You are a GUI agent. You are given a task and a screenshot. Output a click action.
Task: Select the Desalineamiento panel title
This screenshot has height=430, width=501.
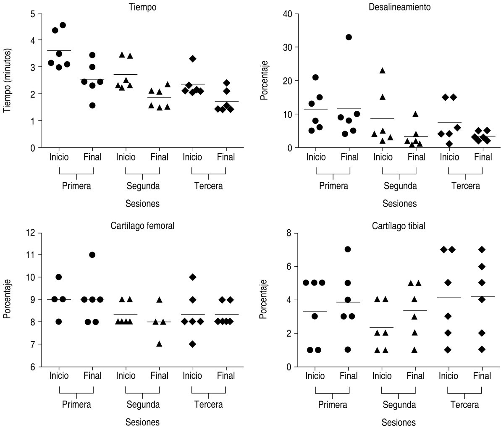coord(399,7)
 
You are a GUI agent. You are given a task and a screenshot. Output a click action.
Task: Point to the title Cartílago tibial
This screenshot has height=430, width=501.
coord(399,226)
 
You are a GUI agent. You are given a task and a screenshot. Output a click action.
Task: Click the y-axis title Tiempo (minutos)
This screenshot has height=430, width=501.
coord(7,80)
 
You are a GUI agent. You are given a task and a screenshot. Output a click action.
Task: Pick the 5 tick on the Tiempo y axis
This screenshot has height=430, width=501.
coord(33,13)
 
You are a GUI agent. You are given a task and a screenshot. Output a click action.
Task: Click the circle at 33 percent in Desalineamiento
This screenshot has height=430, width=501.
coord(349,37)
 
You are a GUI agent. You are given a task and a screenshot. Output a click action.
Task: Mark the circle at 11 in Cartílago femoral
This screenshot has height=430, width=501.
coord(92,255)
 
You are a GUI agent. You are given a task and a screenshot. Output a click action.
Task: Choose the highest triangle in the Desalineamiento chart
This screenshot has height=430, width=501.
coord(383,71)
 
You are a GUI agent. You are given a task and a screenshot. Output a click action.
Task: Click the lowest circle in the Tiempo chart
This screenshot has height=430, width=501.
coord(92,105)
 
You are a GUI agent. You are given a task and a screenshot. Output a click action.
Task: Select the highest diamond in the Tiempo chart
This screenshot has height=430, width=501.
coord(193,59)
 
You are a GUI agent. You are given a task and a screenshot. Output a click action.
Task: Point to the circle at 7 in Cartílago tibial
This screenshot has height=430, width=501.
coord(348,249)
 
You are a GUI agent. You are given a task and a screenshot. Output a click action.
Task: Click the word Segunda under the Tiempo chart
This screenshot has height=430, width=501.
coord(143,186)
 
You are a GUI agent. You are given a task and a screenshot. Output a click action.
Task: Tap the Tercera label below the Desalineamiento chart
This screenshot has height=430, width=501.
coord(465,186)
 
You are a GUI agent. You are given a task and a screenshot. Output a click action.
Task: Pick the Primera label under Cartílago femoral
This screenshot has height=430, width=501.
coord(76,405)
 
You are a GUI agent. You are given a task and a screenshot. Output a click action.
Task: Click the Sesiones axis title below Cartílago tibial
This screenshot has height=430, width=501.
coord(399,422)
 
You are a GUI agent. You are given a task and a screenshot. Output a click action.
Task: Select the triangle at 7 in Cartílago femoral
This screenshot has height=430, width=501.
coord(159,343)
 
